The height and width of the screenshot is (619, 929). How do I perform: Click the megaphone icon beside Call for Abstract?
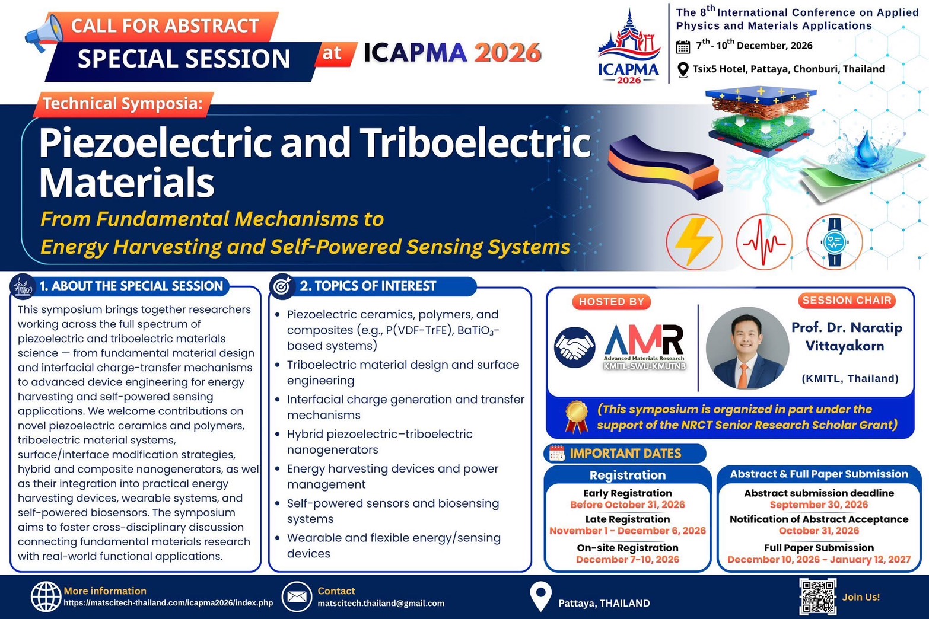pyautogui.click(x=43, y=33)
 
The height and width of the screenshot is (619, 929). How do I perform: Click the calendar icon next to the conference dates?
pyautogui.click(x=683, y=46)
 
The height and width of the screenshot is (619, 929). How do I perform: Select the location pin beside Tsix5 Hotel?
pyautogui.click(x=683, y=69)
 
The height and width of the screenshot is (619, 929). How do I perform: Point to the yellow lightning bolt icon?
pyautogui.click(x=694, y=242)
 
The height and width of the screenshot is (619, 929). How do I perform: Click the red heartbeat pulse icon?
pyautogui.click(x=764, y=242)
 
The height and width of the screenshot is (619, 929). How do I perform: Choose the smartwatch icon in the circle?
pyautogui.click(x=834, y=242)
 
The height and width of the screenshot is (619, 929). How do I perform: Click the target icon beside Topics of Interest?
pyautogui.click(x=282, y=286)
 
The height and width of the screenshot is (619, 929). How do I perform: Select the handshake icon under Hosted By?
pyautogui.click(x=574, y=347)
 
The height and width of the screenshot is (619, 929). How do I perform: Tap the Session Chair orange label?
pyautogui.click(x=847, y=301)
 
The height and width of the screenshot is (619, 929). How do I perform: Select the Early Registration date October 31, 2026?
pyautogui.click(x=628, y=505)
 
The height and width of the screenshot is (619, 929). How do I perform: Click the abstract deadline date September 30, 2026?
pyautogui.click(x=819, y=505)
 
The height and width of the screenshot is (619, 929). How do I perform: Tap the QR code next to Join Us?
pyautogui.click(x=817, y=596)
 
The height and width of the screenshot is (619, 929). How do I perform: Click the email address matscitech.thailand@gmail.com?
pyautogui.click(x=381, y=603)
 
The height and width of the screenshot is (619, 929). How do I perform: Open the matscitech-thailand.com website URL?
pyautogui.click(x=168, y=603)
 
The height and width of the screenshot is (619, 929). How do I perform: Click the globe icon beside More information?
pyautogui.click(x=46, y=596)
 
